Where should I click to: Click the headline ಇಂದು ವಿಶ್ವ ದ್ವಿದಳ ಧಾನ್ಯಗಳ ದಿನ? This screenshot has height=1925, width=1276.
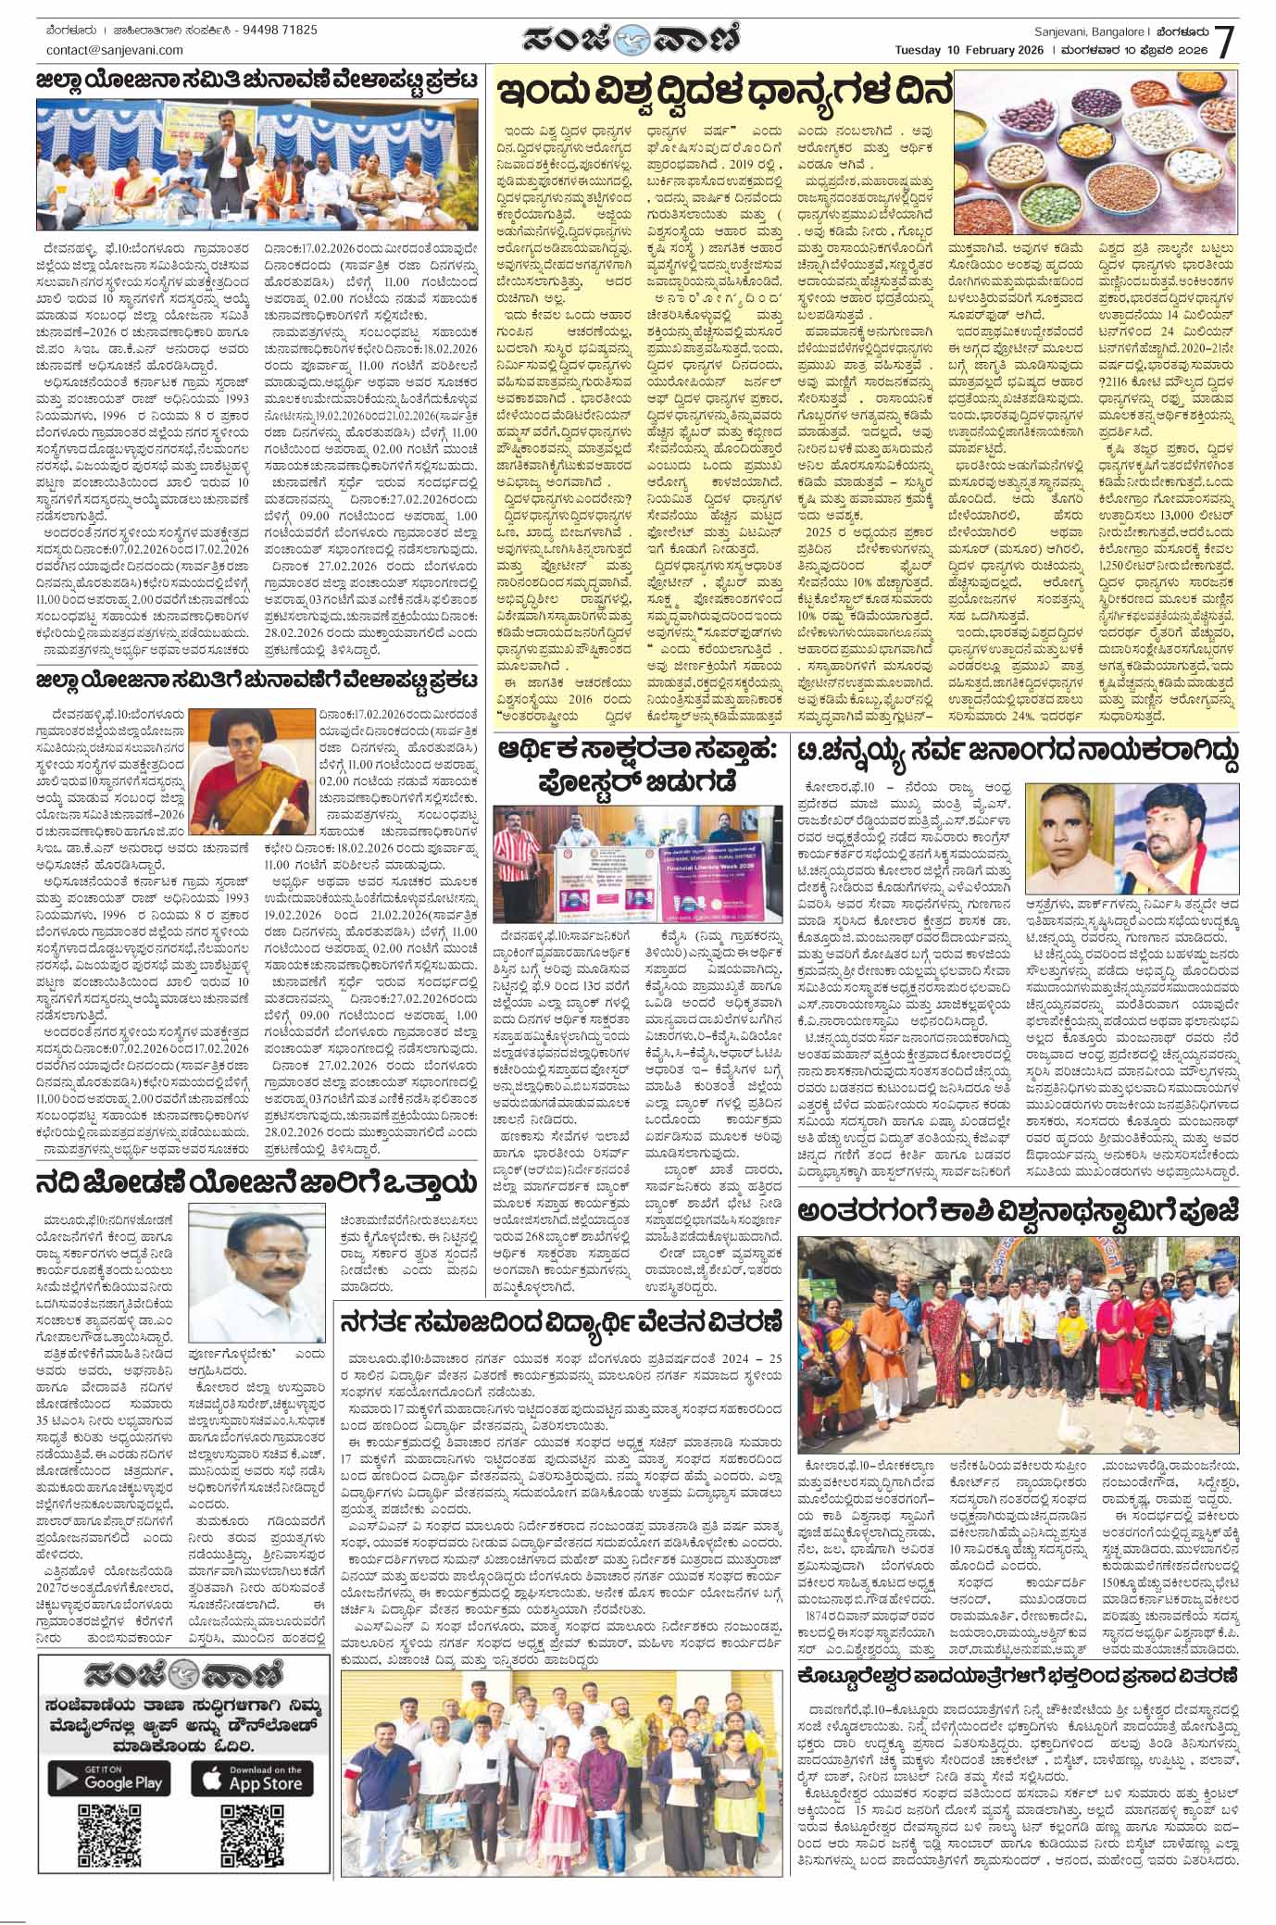[725, 94]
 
